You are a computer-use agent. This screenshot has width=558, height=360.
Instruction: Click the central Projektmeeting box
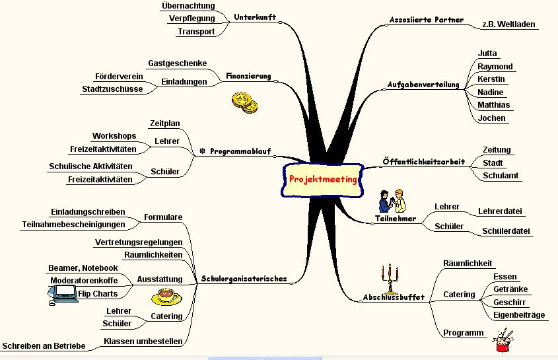click(x=322, y=180)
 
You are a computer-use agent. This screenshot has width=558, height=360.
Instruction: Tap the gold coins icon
click(x=244, y=102)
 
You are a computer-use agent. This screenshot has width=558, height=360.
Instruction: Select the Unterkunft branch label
click(x=254, y=17)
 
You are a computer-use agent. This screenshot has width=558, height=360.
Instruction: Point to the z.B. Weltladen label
click(x=508, y=24)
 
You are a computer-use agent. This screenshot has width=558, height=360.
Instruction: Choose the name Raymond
click(x=495, y=66)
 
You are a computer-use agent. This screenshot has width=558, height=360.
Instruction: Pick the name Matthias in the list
click(x=493, y=105)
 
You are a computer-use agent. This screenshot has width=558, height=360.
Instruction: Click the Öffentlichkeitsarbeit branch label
click(x=423, y=162)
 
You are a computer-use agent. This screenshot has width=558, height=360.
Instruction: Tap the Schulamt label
click(x=501, y=176)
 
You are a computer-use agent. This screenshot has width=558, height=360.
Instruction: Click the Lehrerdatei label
click(x=500, y=211)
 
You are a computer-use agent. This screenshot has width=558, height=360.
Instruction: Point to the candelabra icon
click(x=392, y=279)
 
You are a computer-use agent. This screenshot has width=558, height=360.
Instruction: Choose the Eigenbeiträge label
click(x=519, y=315)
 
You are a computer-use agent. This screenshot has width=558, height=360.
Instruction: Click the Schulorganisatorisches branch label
click(x=244, y=279)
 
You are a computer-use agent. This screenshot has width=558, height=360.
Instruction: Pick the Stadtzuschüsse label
click(x=112, y=89)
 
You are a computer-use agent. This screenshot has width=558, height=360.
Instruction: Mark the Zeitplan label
click(x=164, y=123)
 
